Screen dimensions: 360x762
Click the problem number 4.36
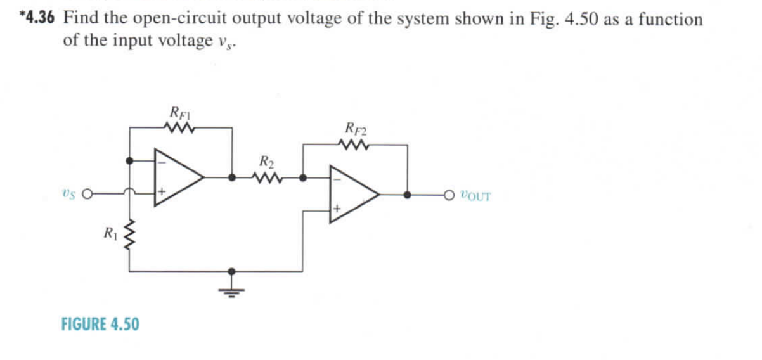pos(39,18)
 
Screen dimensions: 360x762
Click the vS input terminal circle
pos(91,194)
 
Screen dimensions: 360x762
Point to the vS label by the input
pos(71,194)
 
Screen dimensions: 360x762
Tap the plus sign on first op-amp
pos(162,190)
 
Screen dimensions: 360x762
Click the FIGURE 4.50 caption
pos(100,325)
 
